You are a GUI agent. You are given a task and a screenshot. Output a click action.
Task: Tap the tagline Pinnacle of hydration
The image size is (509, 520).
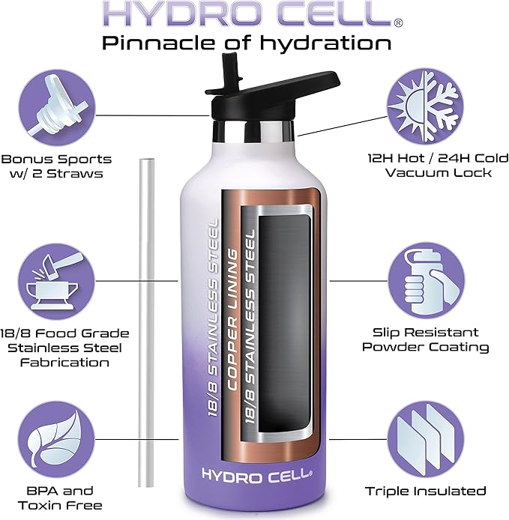(247, 43)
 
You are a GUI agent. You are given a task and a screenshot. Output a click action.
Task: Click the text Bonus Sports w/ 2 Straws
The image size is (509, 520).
(55, 166)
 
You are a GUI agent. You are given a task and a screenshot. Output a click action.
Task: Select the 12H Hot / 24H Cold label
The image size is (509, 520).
(427, 166)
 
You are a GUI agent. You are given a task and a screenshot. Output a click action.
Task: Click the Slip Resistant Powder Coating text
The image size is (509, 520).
(425, 339)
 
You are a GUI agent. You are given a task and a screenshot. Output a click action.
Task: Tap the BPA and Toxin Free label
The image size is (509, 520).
(56, 498)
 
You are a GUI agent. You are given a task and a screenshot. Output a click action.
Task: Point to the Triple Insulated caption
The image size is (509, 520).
(425, 492)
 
